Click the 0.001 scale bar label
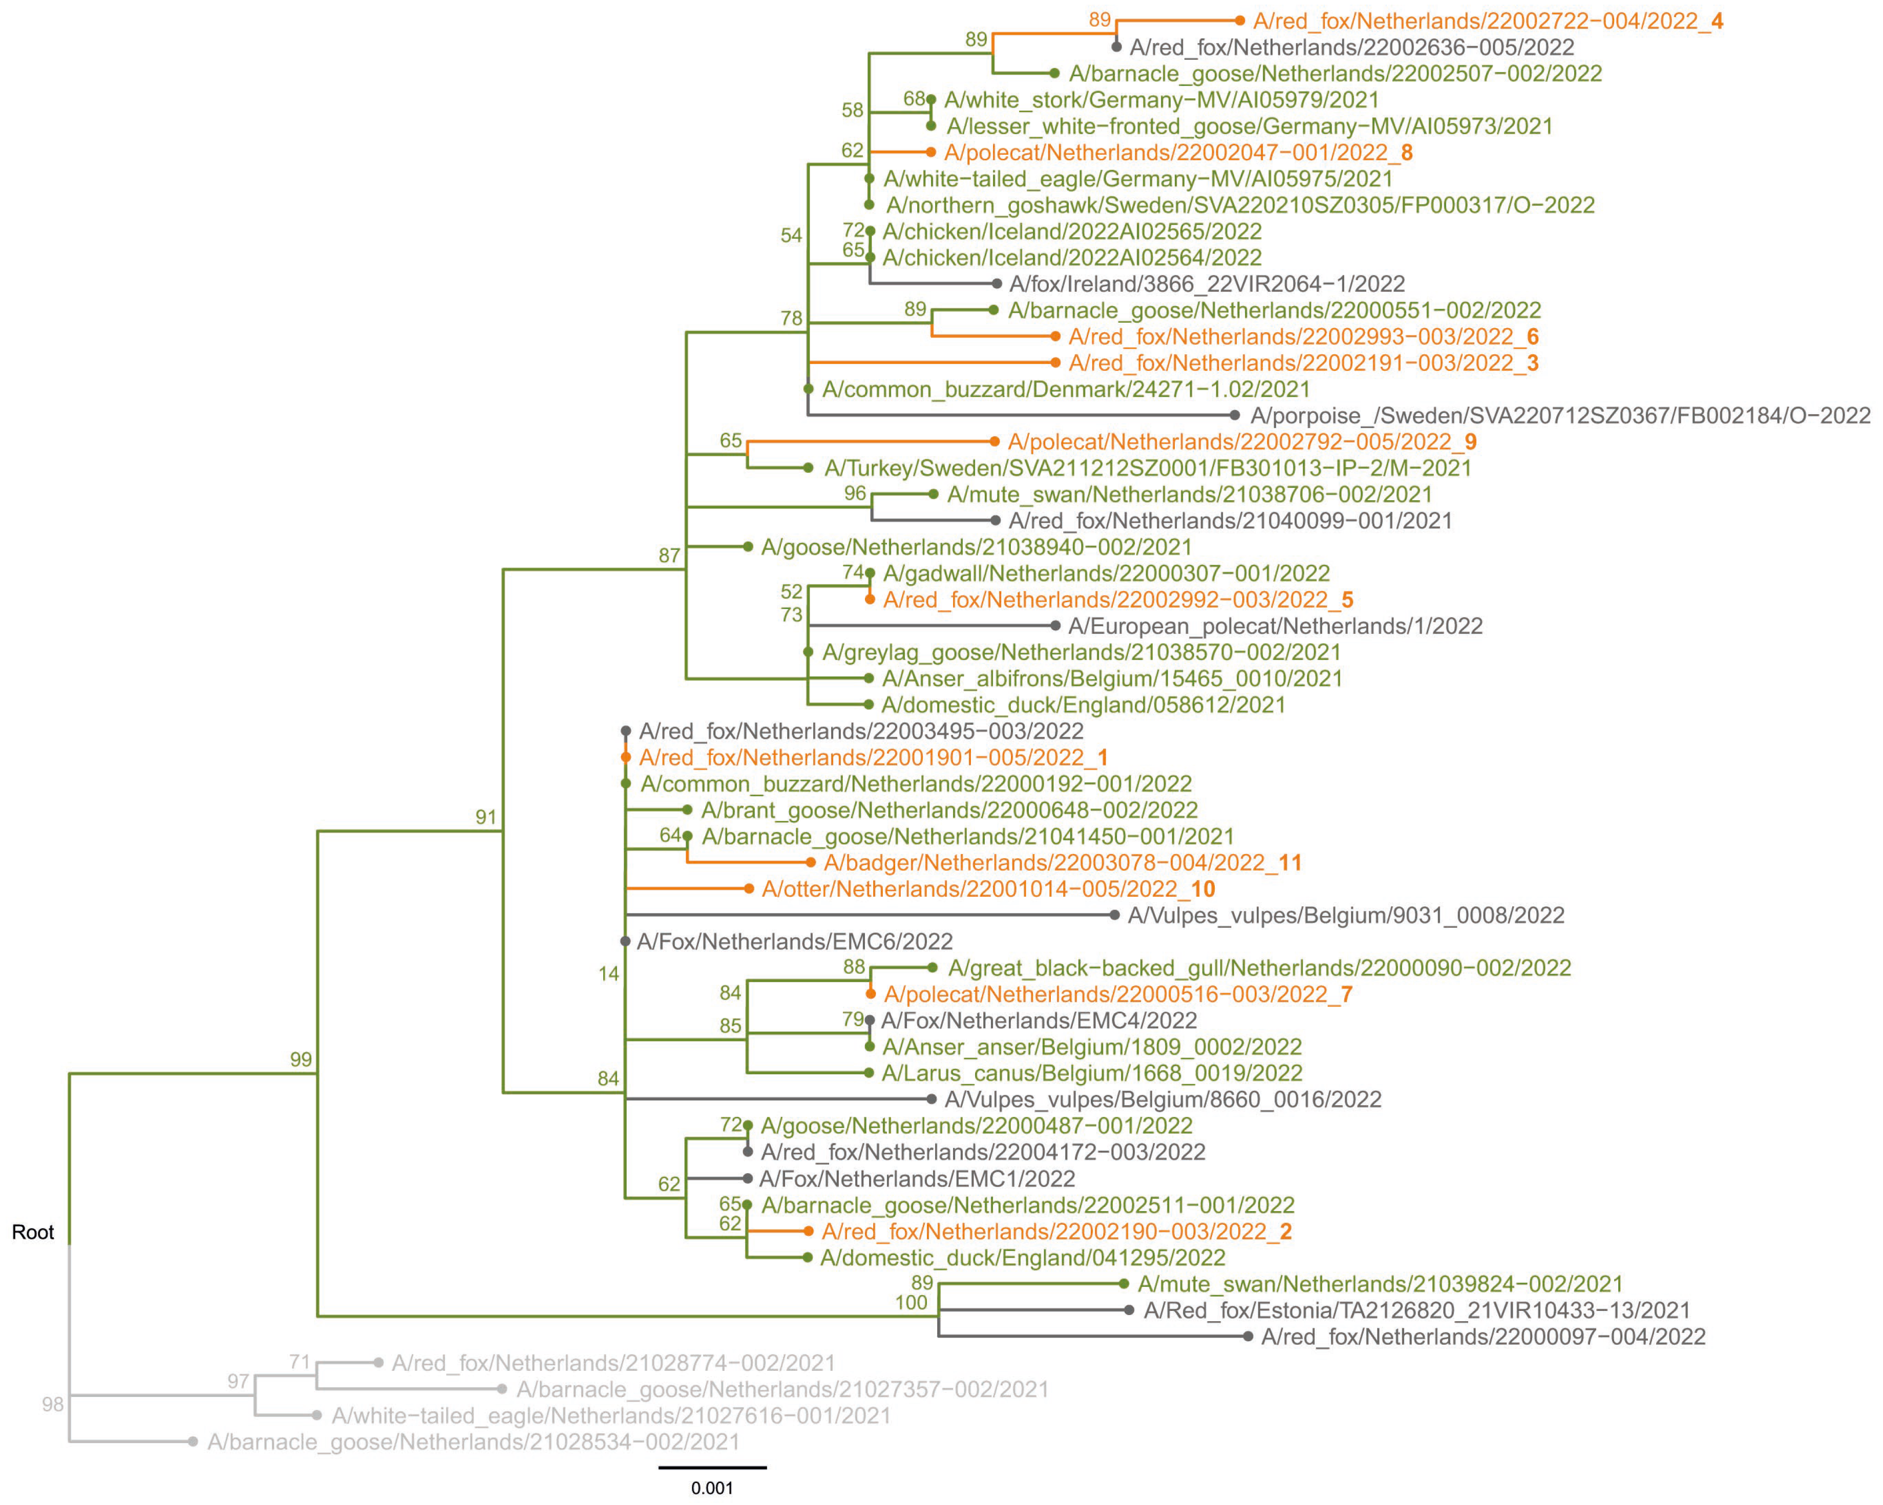[712, 1488]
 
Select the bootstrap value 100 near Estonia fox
[911, 1302]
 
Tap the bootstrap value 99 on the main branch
[301, 1059]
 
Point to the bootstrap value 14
[609, 974]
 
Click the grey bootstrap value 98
[52, 1405]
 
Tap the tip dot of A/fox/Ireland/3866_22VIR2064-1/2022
[997, 284]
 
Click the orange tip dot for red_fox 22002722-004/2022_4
[1239, 20]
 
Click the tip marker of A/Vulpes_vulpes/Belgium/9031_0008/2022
[1114, 916]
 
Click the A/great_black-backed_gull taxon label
[1259, 968]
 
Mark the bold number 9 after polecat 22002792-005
[1471, 442]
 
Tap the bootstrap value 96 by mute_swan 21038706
[855, 494]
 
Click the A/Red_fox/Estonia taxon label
[1416, 1310]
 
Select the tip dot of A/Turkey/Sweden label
[808, 468]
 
